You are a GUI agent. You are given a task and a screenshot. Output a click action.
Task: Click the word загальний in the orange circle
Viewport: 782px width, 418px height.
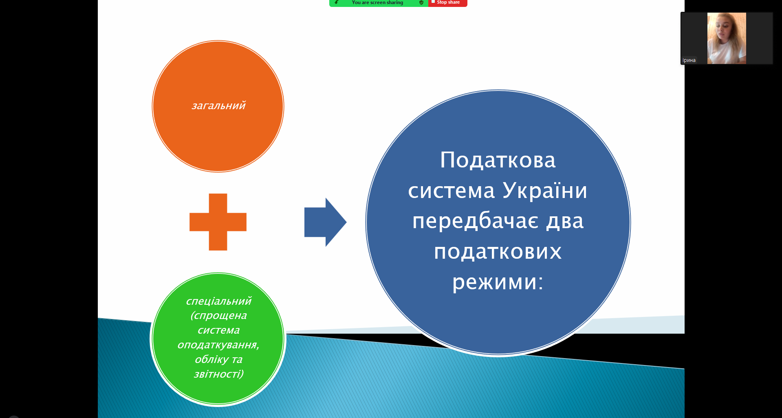(x=218, y=106)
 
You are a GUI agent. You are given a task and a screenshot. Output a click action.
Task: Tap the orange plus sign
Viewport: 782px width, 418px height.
(x=218, y=222)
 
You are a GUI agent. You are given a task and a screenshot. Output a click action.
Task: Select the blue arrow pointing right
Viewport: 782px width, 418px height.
(x=325, y=222)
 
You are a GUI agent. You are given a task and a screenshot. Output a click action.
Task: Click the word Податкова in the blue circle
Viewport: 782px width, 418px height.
(x=498, y=160)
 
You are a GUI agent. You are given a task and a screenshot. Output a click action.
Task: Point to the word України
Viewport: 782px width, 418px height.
(x=545, y=190)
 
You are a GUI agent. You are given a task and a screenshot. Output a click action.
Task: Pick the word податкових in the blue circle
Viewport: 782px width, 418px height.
(x=498, y=251)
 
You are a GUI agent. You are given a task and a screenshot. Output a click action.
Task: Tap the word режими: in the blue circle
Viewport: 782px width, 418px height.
(x=498, y=282)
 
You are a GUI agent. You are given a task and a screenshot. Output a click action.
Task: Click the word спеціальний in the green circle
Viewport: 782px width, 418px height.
(x=218, y=301)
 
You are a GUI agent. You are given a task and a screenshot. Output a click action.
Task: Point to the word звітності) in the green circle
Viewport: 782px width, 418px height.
(x=218, y=374)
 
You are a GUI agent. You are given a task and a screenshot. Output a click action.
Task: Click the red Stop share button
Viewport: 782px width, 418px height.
(x=447, y=3)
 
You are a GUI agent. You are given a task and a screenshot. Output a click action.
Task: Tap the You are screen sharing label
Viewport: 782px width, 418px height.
(x=377, y=2)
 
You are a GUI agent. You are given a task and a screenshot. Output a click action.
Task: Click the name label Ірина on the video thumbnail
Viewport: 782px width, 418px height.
(x=689, y=60)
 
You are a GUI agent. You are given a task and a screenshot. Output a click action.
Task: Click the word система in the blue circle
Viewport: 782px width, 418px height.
(x=452, y=191)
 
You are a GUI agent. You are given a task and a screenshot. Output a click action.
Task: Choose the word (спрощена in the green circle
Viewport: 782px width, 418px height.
(x=218, y=316)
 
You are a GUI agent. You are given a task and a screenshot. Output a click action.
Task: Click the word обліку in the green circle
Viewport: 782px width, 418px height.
(x=211, y=359)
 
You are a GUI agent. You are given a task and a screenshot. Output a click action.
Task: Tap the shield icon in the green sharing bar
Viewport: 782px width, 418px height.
(x=421, y=2)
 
